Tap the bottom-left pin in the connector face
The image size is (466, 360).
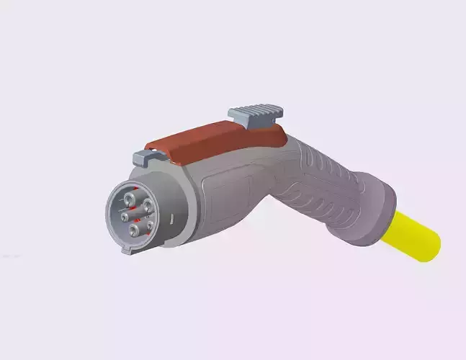pos(133,232)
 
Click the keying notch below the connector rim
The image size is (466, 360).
pos(127,251)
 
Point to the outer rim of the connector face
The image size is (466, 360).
pos(109,216)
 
